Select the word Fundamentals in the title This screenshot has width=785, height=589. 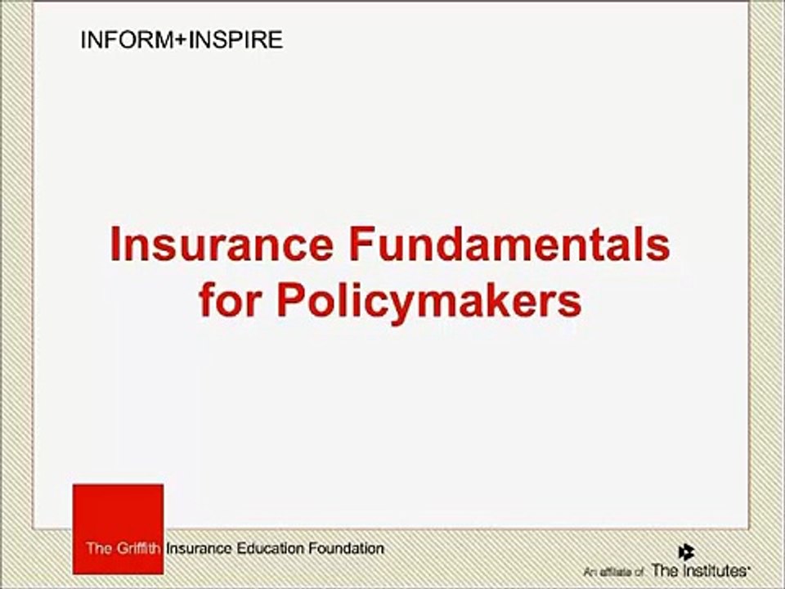pos(509,245)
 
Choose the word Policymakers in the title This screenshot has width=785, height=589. pos(429,302)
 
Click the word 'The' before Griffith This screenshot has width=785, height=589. pos(97,547)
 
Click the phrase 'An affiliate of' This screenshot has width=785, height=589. pos(614,570)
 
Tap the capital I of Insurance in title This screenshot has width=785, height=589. pos(116,245)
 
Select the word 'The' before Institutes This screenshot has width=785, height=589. pos(662,569)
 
